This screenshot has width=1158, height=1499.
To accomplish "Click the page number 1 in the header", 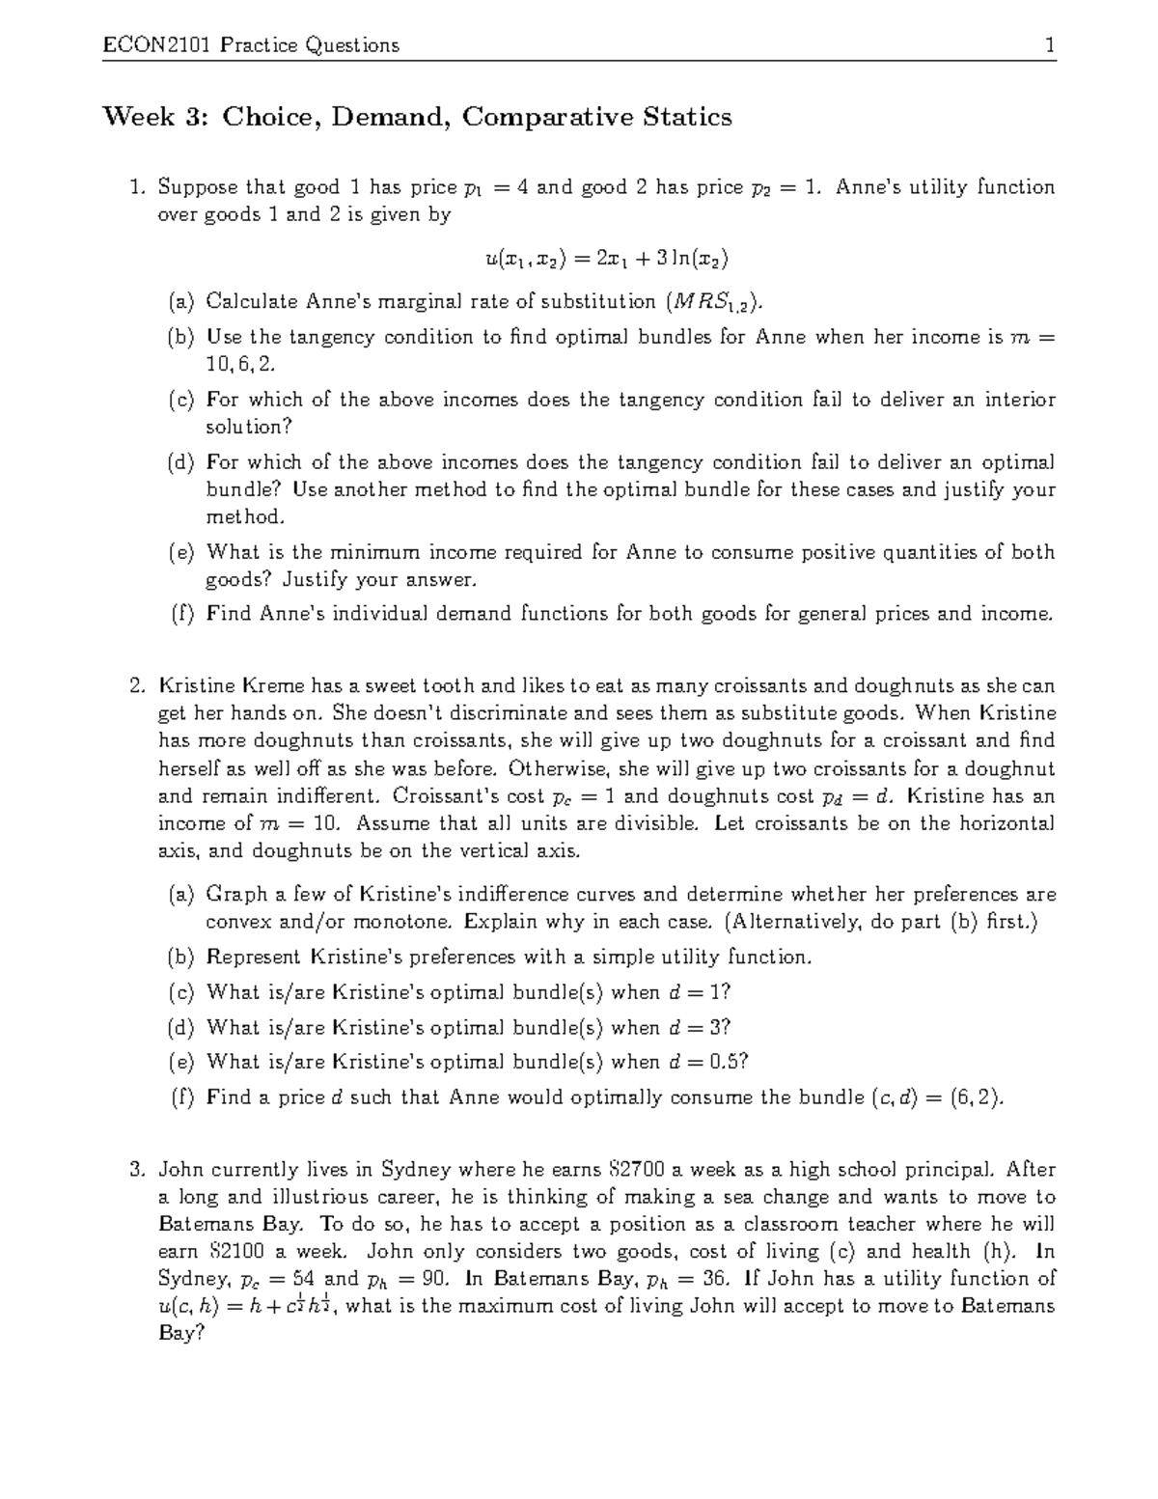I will pos(1049,44).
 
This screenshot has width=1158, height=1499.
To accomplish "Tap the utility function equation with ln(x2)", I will pos(606,258).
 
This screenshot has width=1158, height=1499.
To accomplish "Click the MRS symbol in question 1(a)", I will pos(714,302).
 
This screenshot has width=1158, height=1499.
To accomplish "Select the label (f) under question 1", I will pos(181,614).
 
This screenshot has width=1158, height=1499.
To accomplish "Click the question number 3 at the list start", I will pos(137,1170).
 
